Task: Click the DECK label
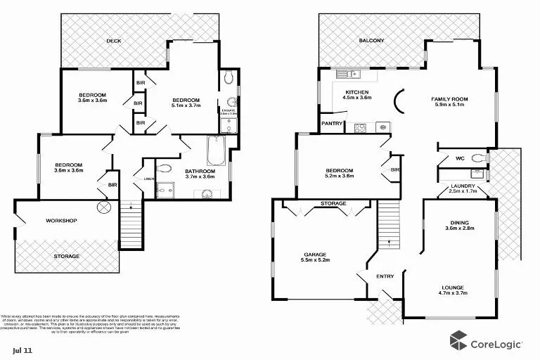coord(113,41)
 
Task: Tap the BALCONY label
coord(371,41)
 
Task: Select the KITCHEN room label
coord(356,94)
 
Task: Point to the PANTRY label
coord(332,124)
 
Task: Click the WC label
coord(459,157)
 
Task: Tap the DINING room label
coord(460,223)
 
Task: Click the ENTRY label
coord(385,276)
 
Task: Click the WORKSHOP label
coord(61,221)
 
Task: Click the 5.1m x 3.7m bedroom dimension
coord(186,106)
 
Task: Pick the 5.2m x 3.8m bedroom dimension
coord(339,177)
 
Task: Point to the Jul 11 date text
coord(22,349)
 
